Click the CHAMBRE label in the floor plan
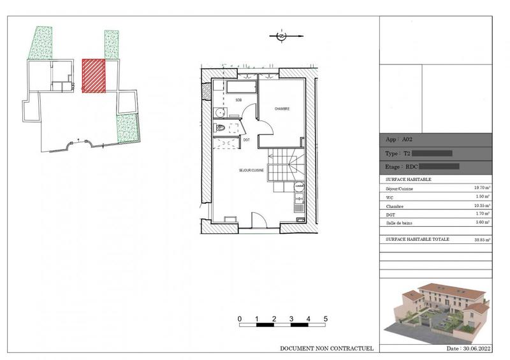(282, 109)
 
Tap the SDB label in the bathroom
(238, 101)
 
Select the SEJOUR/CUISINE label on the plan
(251, 171)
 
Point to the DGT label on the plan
(246, 139)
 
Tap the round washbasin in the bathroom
(219, 113)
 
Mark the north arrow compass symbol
(281, 36)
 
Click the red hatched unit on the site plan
(94, 76)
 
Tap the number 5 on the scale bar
(326, 318)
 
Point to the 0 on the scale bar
(239, 318)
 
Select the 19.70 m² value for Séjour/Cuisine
(481, 189)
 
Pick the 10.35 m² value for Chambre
(481, 206)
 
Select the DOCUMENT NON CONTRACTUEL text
(326, 349)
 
